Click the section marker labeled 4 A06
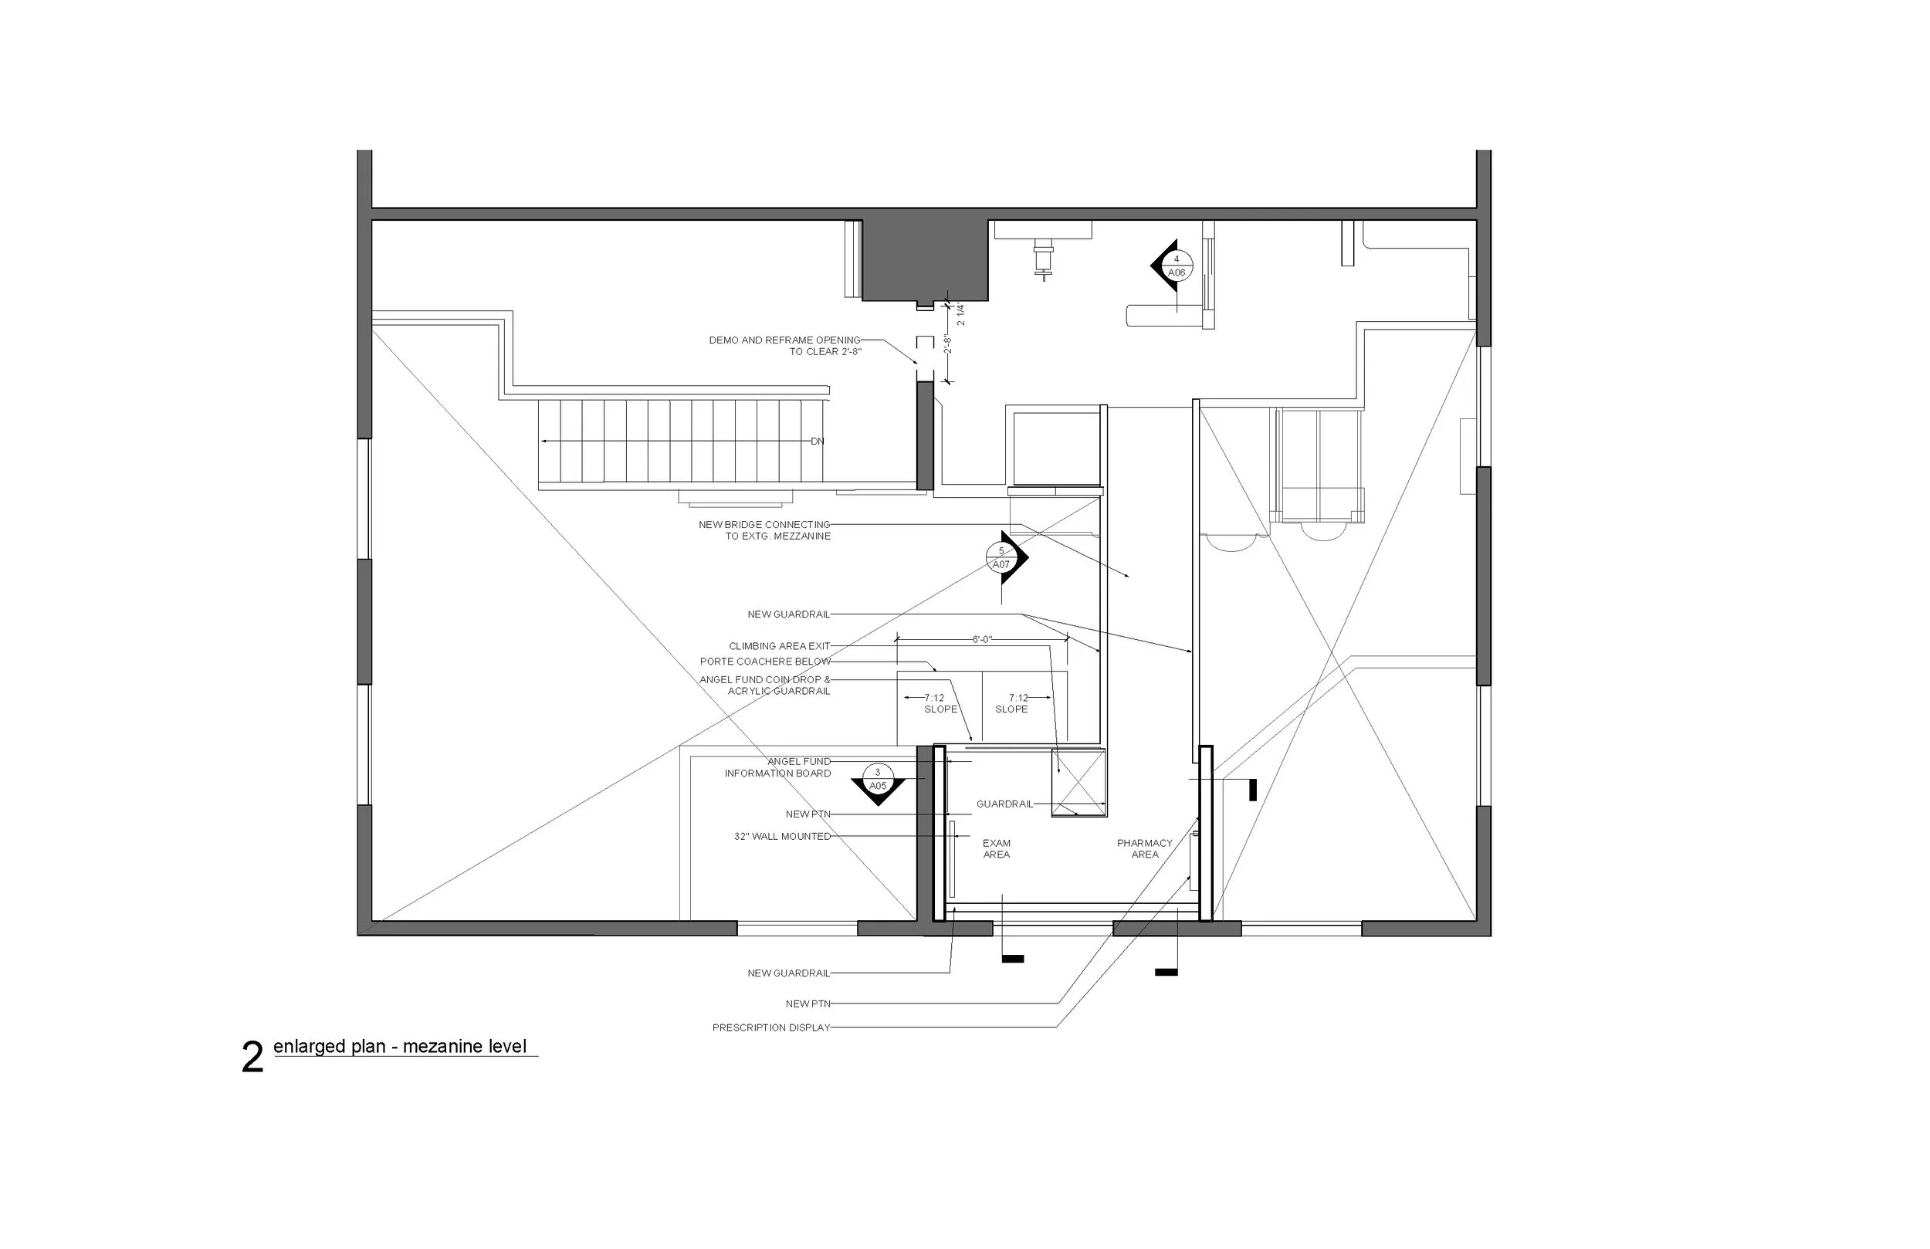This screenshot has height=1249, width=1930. click(1175, 266)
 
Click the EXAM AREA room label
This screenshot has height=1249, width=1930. click(996, 848)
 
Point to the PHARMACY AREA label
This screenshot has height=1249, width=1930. click(1144, 848)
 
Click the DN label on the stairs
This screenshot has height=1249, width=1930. click(818, 442)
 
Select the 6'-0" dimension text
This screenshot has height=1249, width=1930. click(982, 640)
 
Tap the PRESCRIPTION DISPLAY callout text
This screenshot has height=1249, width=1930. click(771, 1027)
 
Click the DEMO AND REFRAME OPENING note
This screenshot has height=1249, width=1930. click(784, 346)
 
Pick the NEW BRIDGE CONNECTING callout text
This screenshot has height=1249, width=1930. click(765, 530)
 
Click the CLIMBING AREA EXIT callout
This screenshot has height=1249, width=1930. click(779, 646)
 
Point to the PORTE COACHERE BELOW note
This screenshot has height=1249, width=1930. click(765, 662)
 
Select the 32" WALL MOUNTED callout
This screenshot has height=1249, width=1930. click(782, 836)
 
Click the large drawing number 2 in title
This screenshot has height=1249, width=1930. click(252, 1058)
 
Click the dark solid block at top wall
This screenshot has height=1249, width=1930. click(924, 259)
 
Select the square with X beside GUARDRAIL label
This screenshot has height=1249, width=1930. click(1078, 782)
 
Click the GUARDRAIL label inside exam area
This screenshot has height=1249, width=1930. click(1004, 804)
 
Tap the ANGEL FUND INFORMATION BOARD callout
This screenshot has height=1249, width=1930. click(778, 767)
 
